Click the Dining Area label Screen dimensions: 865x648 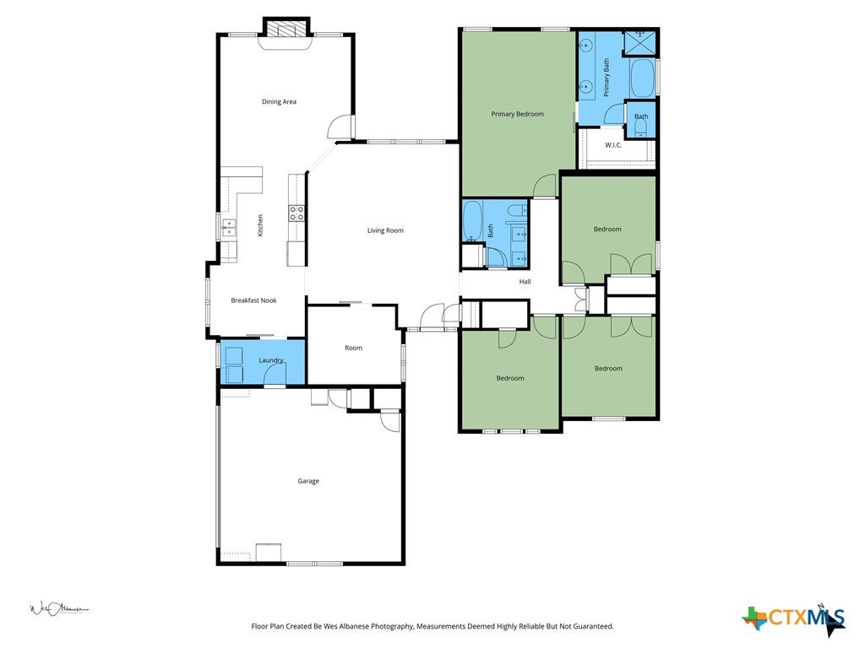click(279, 101)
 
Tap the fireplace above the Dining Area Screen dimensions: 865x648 click(286, 28)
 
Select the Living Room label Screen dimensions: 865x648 click(385, 230)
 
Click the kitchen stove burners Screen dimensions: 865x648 click(296, 213)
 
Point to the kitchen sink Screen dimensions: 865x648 click(228, 227)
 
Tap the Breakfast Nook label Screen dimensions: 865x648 click(253, 300)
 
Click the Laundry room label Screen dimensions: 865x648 click(271, 360)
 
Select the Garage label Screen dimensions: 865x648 click(308, 481)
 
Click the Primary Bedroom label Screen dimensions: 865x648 click(518, 114)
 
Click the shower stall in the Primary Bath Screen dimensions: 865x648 click(640, 42)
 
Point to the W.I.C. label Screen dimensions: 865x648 click(613, 145)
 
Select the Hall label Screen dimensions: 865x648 click(525, 282)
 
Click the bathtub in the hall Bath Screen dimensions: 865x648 click(472, 221)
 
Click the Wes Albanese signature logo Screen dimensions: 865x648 click(58, 609)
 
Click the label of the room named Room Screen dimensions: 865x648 click(353, 348)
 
